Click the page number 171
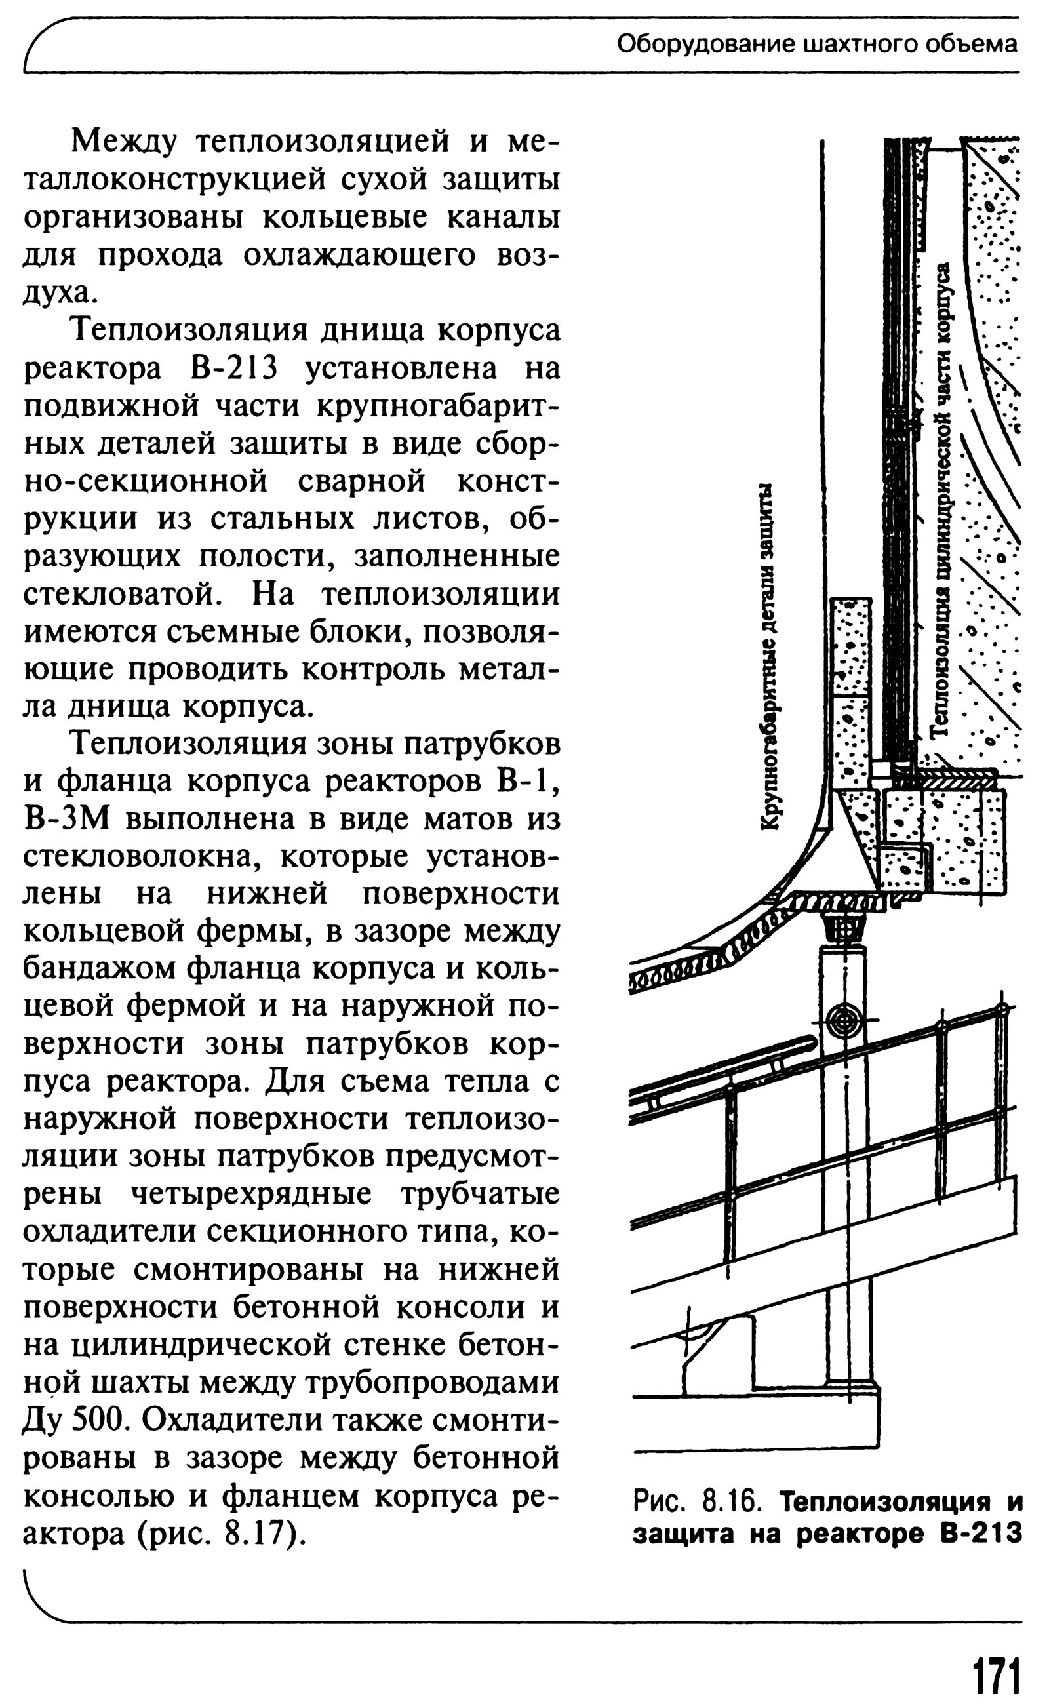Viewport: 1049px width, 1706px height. point(997,1671)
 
